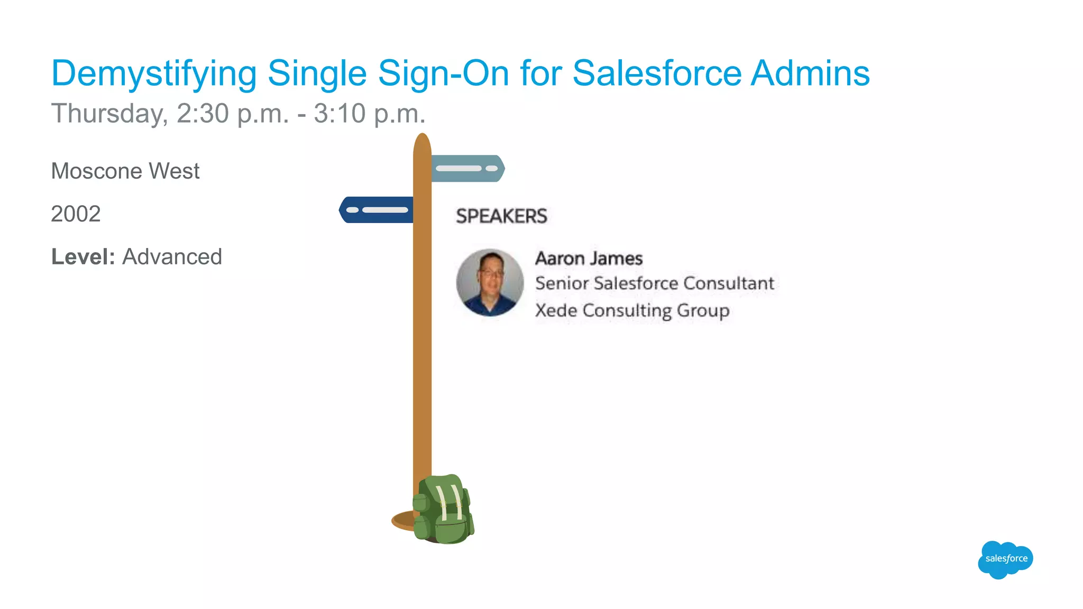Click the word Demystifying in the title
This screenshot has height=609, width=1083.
(154, 74)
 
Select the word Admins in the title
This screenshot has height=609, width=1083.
(810, 73)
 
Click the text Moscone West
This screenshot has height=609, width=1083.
(125, 171)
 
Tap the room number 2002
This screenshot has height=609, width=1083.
(76, 214)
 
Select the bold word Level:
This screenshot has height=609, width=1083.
(83, 257)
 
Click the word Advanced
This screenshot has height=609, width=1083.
(172, 257)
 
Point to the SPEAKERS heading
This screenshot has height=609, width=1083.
(501, 216)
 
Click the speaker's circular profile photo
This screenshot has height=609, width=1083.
(490, 283)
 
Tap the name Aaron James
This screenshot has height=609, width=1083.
(589, 259)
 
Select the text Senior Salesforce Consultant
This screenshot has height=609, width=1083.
(655, 283)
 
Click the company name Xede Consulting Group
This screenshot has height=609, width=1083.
(632, 310)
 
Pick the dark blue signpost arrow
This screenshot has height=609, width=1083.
(376, 210)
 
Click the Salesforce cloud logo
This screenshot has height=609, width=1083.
(1005, 559)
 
